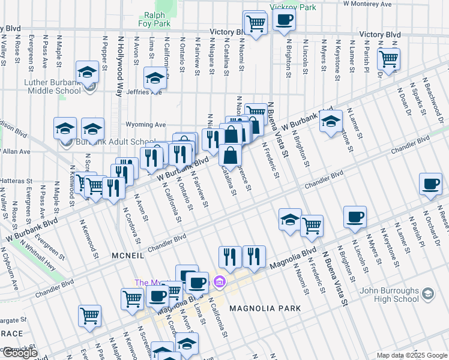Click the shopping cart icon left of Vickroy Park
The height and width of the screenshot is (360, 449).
click(256, 23)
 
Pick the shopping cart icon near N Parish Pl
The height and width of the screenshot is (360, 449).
click(388, 59)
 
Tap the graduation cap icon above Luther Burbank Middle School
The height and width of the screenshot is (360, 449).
click(88, 72)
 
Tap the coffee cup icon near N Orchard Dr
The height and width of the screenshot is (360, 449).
click(430, 184)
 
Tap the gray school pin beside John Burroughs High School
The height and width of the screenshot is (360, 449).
click(427, 294)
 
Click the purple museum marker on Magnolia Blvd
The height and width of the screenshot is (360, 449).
click(220, 281)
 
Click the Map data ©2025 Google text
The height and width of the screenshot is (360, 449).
click(412, 355)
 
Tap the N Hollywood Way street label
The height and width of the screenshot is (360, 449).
click(119, 67)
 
